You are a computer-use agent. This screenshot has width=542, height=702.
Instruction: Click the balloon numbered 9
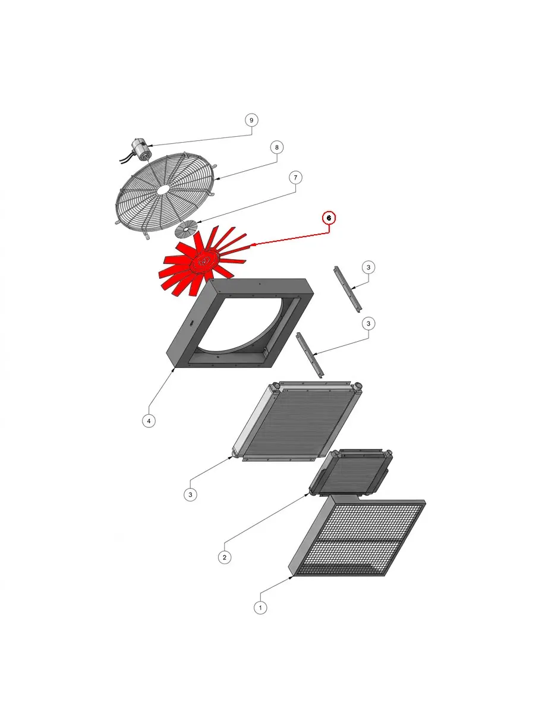pos(251,120)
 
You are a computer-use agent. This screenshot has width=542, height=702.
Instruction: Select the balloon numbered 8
pos(276,147)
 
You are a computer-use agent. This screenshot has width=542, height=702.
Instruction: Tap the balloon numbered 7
pos(295,177)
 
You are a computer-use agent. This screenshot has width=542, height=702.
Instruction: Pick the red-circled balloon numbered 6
pos(329,218)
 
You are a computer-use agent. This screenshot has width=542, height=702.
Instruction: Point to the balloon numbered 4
pos(149,421)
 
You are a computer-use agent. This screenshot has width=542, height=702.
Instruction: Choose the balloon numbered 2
pos(225,558)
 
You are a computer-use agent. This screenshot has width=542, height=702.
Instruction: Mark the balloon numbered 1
pos(260,608)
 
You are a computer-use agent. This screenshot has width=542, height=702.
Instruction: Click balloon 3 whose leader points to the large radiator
pos(190,495)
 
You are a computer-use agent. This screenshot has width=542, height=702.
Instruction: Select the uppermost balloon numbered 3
pos(368,267)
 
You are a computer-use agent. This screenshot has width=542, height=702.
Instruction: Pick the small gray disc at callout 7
pos(186,229)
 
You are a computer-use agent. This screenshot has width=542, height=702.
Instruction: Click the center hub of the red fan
pos(204,262)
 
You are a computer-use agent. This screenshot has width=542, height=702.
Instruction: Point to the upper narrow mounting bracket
pos(348,289)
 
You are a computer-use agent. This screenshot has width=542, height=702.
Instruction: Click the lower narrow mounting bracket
pos(309,355)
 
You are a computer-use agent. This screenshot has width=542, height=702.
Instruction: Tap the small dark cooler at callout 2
pos(350,473)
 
